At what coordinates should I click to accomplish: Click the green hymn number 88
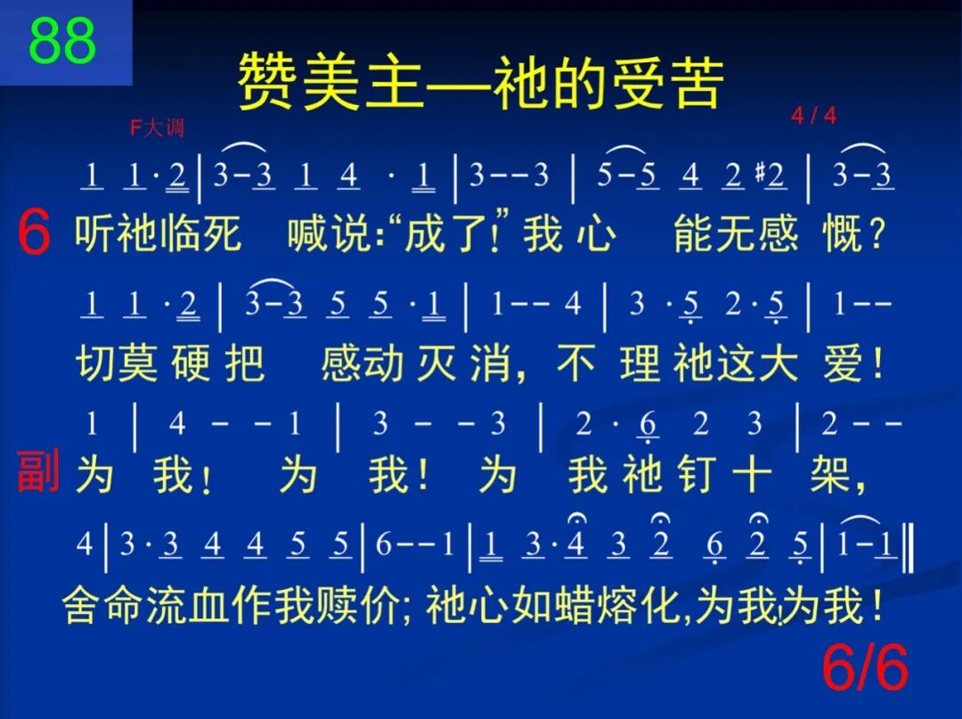62,41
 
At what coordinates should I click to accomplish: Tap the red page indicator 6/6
864,668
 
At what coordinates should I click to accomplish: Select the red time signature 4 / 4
813,116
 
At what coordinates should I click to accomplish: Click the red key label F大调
157,128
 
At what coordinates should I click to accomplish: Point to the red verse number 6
34,236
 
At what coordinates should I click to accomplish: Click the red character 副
37,472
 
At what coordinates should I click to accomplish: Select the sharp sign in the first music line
760,176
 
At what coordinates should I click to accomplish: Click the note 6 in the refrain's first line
650,426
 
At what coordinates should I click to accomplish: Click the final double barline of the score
908,545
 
